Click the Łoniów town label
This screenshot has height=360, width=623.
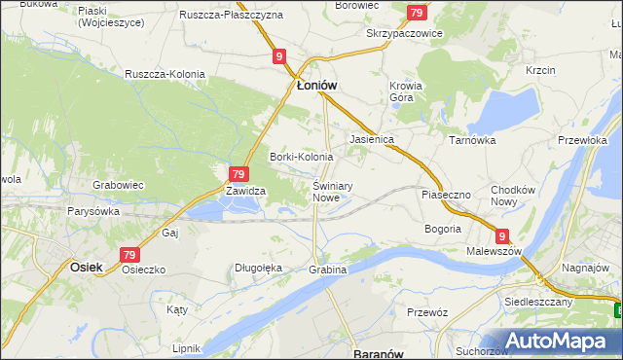(x=316, y=86)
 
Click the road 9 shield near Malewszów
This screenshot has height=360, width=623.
(x=501, y=235)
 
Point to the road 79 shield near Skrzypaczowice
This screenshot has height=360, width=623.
(x=417, y=13)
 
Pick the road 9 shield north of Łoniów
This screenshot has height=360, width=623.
(x=279, y=57)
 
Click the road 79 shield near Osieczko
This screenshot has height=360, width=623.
(x=130, y=254)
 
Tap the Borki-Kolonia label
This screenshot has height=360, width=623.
(x=301, y=157)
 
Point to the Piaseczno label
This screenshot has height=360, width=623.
(x=445, y=195)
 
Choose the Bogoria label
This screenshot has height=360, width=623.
(x=442, y=229)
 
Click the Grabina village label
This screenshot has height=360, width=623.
(x=327, y=269)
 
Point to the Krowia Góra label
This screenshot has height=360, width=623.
(x=406, y=91)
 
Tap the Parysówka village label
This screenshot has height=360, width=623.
(x=93, y=210)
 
